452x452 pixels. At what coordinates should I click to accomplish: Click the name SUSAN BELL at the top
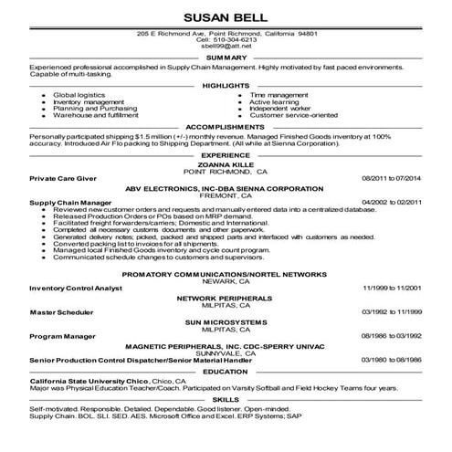(x=226, y=17)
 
